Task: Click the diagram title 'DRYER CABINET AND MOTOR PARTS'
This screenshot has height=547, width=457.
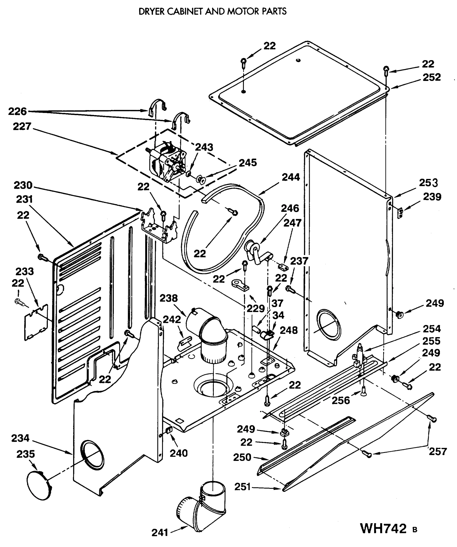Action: point(212,11)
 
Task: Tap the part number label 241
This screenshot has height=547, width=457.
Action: point(160,533)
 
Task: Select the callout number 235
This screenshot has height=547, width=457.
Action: point(25,454)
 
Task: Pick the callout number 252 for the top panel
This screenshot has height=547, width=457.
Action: point(431,77)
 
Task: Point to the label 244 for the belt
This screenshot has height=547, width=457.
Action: point(291,177)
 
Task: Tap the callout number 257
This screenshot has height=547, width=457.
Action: point(437,451)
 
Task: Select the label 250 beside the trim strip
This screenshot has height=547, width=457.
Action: point(242,457)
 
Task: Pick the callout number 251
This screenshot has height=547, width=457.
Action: point(242,487)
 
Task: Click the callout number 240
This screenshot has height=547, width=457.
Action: point(178,453)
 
